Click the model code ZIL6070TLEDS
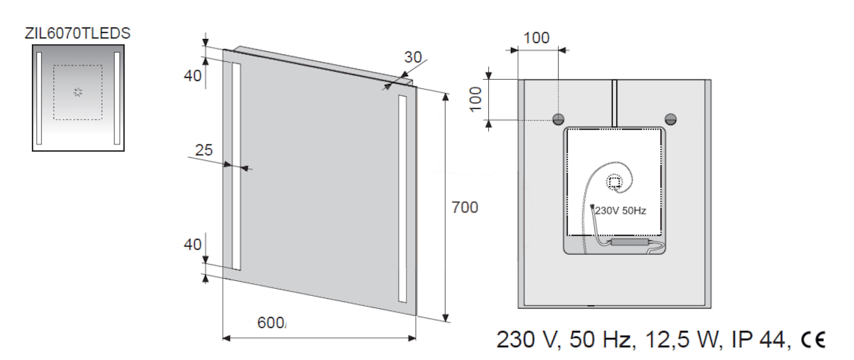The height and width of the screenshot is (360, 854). (x=78, y=33)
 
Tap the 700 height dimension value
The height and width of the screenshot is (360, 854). (x=465, y=208)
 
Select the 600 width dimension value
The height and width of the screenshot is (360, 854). (x=270, y=323)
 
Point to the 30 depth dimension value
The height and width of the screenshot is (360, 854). (x=413, y=58)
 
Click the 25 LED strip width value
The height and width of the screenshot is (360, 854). (x=204, y=150)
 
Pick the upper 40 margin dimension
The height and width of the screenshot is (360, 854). (x=193, y=76)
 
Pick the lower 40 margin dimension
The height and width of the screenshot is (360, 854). (x=193, y=245)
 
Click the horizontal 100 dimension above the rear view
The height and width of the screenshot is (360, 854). (x=537, y=38)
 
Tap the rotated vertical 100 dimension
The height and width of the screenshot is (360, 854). (x=476, y=100)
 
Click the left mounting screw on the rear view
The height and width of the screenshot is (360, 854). (x=558, y=120)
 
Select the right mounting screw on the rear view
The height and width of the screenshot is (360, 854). (x=670, y=120)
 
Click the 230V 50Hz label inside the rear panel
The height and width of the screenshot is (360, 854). (x=621, y=211)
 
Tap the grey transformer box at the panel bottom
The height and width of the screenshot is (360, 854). (x=629, y=242)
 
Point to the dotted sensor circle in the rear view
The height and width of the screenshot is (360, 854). (x=614, y=182)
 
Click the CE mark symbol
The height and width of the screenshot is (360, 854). (x=813, y=339)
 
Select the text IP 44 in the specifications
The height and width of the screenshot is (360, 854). (x=758, y=339)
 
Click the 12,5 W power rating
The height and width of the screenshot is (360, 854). (x=681, y=339)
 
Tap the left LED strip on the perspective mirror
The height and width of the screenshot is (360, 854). (x=236, y=166)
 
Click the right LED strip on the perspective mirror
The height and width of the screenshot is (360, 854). (x=403, y=199)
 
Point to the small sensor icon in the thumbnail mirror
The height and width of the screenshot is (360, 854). (x=78, y=92)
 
